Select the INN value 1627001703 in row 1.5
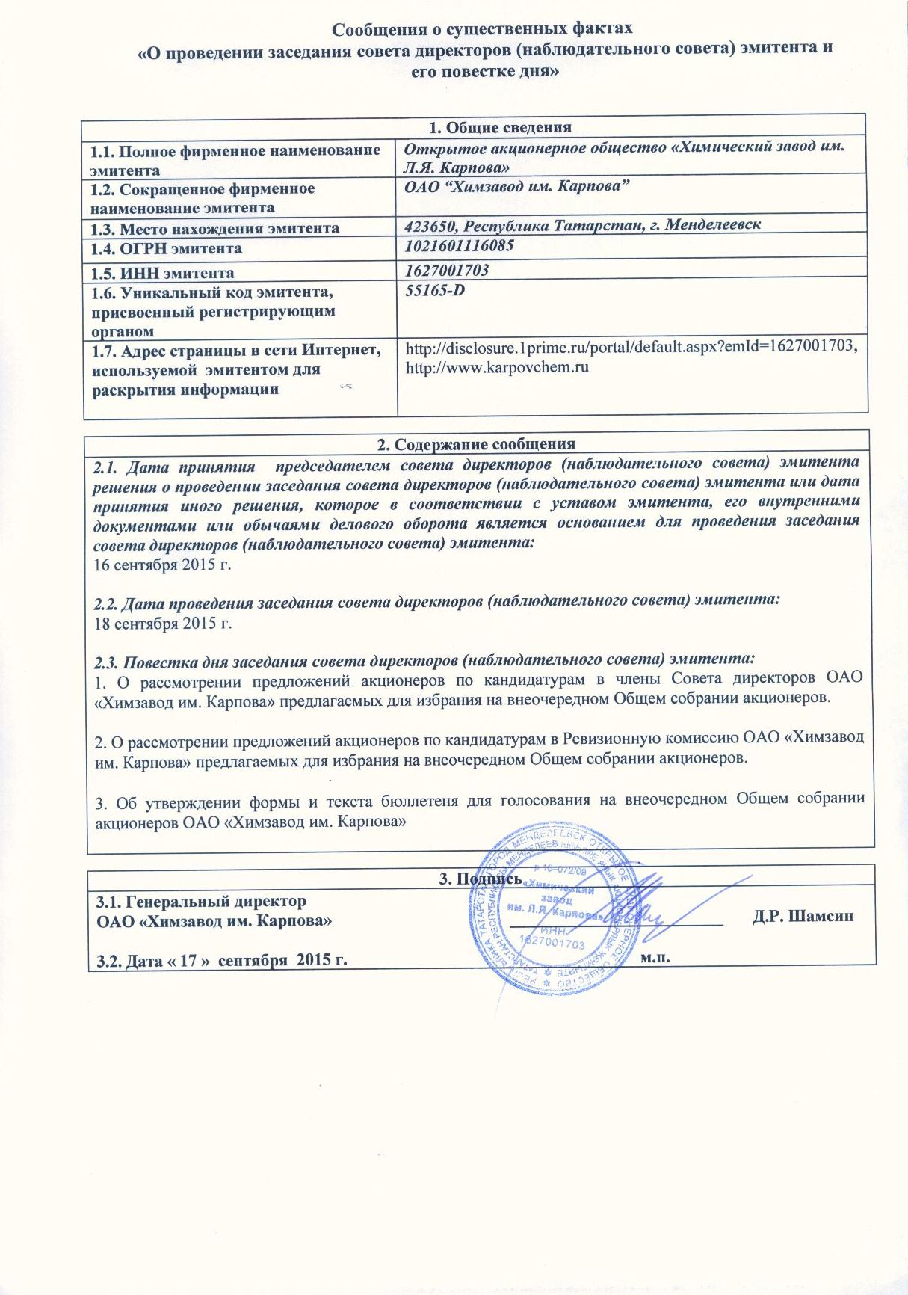click(x=447, y=270)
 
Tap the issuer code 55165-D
click(x=435, y=289)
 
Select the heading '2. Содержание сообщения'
click(x=476, y=445)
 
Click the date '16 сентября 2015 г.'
click(x=163, y=565)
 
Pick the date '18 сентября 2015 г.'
click(x=163, y=623)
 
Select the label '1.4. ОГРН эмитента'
click(x=167, y=248)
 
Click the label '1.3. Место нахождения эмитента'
click(x=215, y=228)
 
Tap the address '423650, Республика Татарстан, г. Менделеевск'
click(x=583, y=224)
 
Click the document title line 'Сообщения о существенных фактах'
click(x=482, y=29)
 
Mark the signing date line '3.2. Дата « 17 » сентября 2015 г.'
click(x=222, y=960)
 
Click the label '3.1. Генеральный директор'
click(x=202, y=901)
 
